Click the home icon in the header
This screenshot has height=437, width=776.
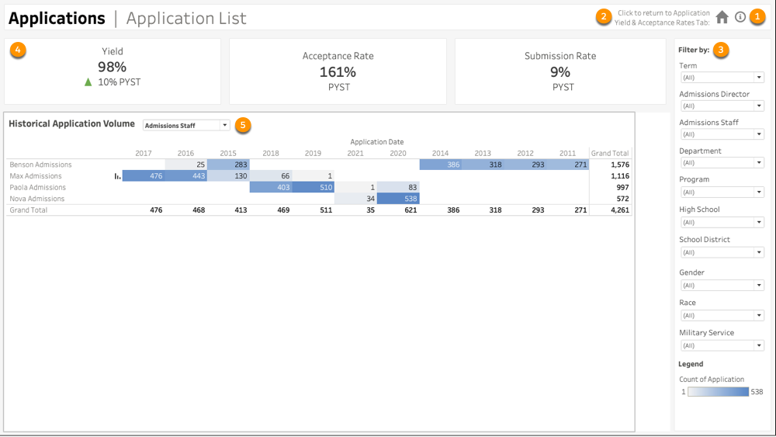pyautogui.click(x=722, y=17)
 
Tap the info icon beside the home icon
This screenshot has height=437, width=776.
pyautogui.click(x=740, y=17)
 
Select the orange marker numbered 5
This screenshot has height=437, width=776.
pyautogui.click(x=244, y=125)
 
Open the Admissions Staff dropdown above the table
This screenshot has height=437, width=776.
pyautogui.click(x=186, y=125)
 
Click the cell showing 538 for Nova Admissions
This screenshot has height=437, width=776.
pyautogui.click(x=398, y=199)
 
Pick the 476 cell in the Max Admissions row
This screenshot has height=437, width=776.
pyautogui.click(x=144, y=176)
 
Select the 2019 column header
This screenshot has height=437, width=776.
pyautogui.click(x=313, y=154)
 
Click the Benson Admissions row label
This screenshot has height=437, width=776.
pyautogui.click(x=40, y=165)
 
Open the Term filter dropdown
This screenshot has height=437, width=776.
pyautogui.click(x=722, y=78)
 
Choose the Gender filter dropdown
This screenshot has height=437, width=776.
pyautogui.click(x=722, y=286)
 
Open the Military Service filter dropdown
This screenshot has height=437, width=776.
pyautogui.click(x=722, y=345)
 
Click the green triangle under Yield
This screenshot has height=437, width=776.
pyautogui.click(x=88, y=82)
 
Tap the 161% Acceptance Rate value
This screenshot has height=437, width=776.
pyautogui.click(x=338, y=72)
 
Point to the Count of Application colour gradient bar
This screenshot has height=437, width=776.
pyautogui.click(x=718, y=392)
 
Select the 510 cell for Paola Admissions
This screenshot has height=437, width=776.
pyautogui.click(x=313, y=187)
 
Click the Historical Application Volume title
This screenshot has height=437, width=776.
pyautogui.click(x=71, y=124)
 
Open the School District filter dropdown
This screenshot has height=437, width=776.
pyautogui.click(x=722, y=252)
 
